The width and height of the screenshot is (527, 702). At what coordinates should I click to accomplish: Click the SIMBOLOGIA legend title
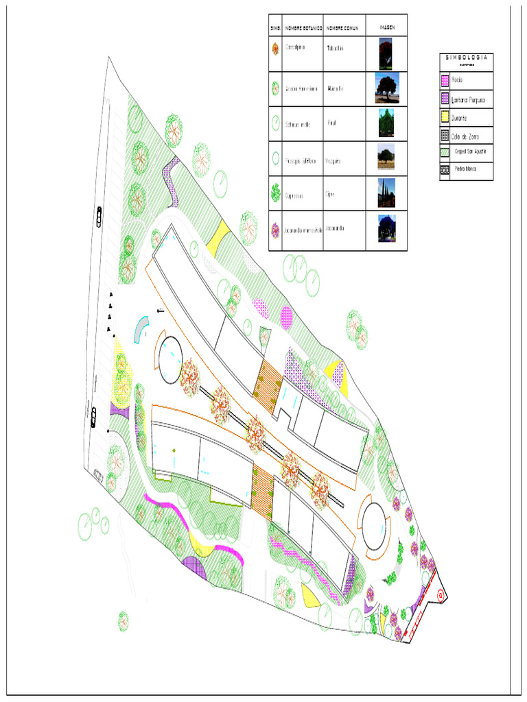coord(466,58)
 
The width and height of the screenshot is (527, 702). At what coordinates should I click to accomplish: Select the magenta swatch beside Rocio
coord(445,81)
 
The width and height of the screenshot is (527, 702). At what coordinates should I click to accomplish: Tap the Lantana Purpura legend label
coord(468,99)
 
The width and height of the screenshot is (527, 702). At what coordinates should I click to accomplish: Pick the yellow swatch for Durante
coord(445,118)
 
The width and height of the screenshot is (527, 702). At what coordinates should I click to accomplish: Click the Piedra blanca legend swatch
coord(445,168)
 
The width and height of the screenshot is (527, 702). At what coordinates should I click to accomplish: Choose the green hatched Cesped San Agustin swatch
coord(445,152)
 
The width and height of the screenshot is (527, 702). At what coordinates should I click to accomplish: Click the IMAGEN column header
coord(386,28)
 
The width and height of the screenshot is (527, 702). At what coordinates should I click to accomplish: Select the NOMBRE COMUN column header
coord(344,28)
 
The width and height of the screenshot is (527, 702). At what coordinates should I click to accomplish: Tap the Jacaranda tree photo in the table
coord(386,229)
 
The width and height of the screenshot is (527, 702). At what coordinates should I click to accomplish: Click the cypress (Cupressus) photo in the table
coord(386,193)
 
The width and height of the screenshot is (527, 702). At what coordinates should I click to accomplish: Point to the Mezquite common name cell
coord(333,161)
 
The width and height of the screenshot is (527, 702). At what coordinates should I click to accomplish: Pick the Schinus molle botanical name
coord(298,124)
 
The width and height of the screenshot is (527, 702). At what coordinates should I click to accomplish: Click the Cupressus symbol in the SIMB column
coord(275,194)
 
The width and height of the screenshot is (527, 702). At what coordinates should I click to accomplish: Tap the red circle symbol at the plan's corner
coord(439,595)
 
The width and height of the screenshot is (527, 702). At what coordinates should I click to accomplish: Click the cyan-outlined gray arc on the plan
coord(141,328)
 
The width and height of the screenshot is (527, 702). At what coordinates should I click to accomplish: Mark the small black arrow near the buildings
coord(160,311)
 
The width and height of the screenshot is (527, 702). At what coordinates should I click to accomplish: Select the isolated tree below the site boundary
coord(124,620)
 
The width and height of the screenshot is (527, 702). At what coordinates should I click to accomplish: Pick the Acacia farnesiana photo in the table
coord(386,88)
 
